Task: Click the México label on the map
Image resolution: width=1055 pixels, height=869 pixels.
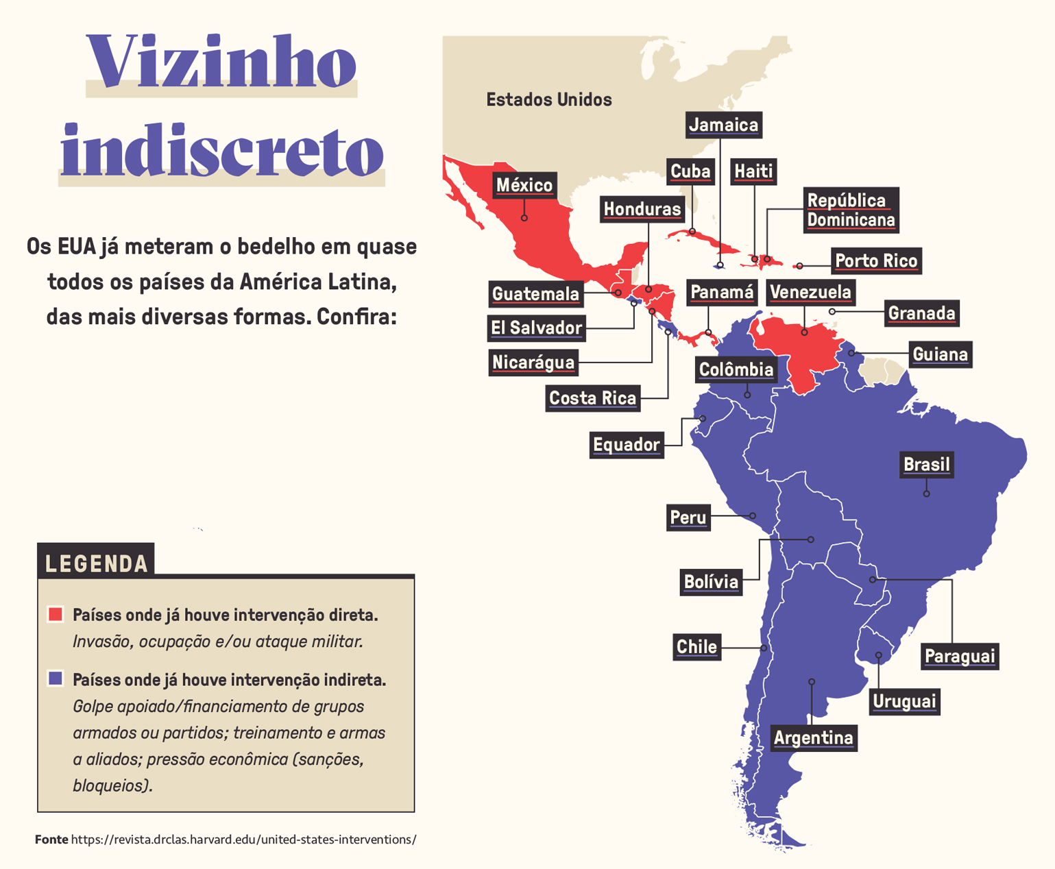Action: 524,185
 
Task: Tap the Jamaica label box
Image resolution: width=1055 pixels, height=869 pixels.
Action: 723,125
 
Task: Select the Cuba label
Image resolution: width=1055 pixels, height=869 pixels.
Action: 690,171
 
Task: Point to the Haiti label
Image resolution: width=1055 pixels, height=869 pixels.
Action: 753,171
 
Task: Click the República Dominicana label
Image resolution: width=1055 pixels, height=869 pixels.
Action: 851,210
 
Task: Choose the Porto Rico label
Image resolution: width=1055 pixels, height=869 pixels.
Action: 876,261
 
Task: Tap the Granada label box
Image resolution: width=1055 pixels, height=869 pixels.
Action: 921,313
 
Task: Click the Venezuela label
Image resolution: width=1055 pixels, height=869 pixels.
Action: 810,293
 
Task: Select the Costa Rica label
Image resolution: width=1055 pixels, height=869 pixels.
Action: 593,398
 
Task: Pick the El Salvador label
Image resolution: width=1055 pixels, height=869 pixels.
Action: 536,328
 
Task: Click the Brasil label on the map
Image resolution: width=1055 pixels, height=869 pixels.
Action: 926,465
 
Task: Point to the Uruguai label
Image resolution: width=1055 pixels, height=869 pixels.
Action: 904,702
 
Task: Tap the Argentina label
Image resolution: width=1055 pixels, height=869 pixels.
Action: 813,738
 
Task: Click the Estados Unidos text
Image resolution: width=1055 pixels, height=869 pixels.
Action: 548,100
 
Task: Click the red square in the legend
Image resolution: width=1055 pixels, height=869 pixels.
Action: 56,614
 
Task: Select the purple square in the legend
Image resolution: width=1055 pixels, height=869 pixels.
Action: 56,678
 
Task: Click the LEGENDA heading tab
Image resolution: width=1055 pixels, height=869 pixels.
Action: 96,563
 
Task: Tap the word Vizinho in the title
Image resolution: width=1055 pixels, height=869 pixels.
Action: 221,64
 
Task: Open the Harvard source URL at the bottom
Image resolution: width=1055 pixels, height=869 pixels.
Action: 243,840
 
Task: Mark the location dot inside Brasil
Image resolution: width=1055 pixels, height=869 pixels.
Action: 926,493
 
